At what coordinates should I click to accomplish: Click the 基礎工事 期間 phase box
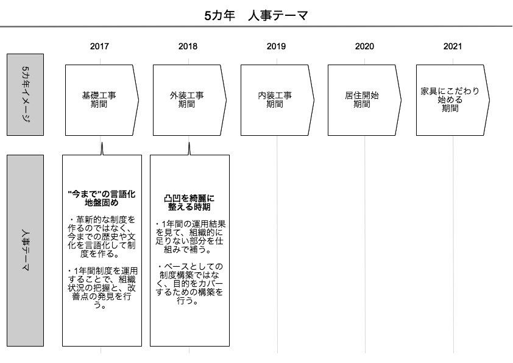(x=101, y=100)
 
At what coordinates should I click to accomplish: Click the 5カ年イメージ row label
(x=25, y=94)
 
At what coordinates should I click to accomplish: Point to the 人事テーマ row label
(x=25, y=250)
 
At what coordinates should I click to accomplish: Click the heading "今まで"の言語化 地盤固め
(x=102, y=199)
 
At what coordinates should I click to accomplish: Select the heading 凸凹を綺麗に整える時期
(x=189, y=202)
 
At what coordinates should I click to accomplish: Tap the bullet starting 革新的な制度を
(x=102, y=237)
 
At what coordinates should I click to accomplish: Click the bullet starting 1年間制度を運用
(x=102, y=288)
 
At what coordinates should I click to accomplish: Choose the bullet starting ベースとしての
(x=189, y=284)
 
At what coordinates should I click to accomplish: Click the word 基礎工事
(x=99, y=96)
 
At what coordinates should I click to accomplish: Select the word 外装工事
(x=187, y=96)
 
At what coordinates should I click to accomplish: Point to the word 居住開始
(x=362, y=96)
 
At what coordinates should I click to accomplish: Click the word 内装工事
(x=275, y=96)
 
